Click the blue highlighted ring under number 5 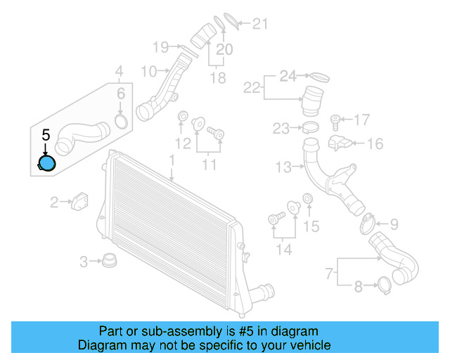click(46, 165)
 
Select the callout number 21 click(260, 25)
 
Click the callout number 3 click(84, 262)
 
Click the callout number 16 click(375, 144)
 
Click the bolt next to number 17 click(335, 120)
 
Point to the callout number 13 click(283, 167)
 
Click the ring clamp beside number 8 click(385, 285)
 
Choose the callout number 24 click(288, 75)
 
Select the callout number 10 click(148, 71)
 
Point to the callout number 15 click(311, 226)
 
